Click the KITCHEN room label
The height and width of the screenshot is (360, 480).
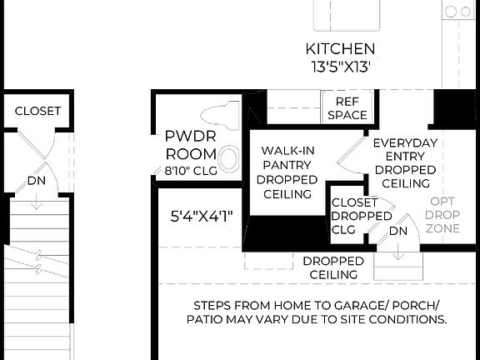pos(340,49)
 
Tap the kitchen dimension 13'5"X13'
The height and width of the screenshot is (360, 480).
pos(340,67)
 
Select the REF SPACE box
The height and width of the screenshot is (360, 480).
pos(347,107)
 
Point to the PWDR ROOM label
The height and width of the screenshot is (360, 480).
pos(191,143)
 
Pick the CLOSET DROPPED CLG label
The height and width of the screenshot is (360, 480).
pos(360,216)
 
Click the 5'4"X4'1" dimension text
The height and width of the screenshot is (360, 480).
pos(200,217)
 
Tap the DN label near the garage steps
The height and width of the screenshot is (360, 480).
pos(398,231)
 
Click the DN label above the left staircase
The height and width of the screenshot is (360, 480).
pos(36,180)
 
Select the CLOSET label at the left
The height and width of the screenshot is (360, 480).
pos(37,111)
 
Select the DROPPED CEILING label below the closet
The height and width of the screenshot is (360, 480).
pos(333,267)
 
